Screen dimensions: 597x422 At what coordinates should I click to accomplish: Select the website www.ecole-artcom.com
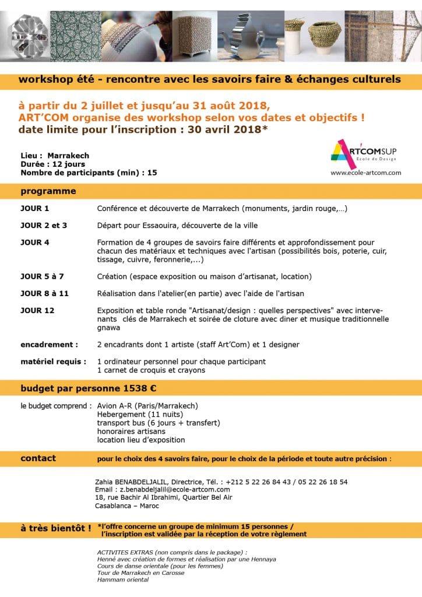click(x=365, y=173)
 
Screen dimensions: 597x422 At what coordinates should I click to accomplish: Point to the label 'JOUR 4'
click(x=35, y=242)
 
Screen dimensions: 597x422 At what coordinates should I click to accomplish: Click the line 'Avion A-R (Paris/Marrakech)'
click(x=147, y=405)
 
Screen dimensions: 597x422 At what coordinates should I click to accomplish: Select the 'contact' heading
click(x=38, y=458)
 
